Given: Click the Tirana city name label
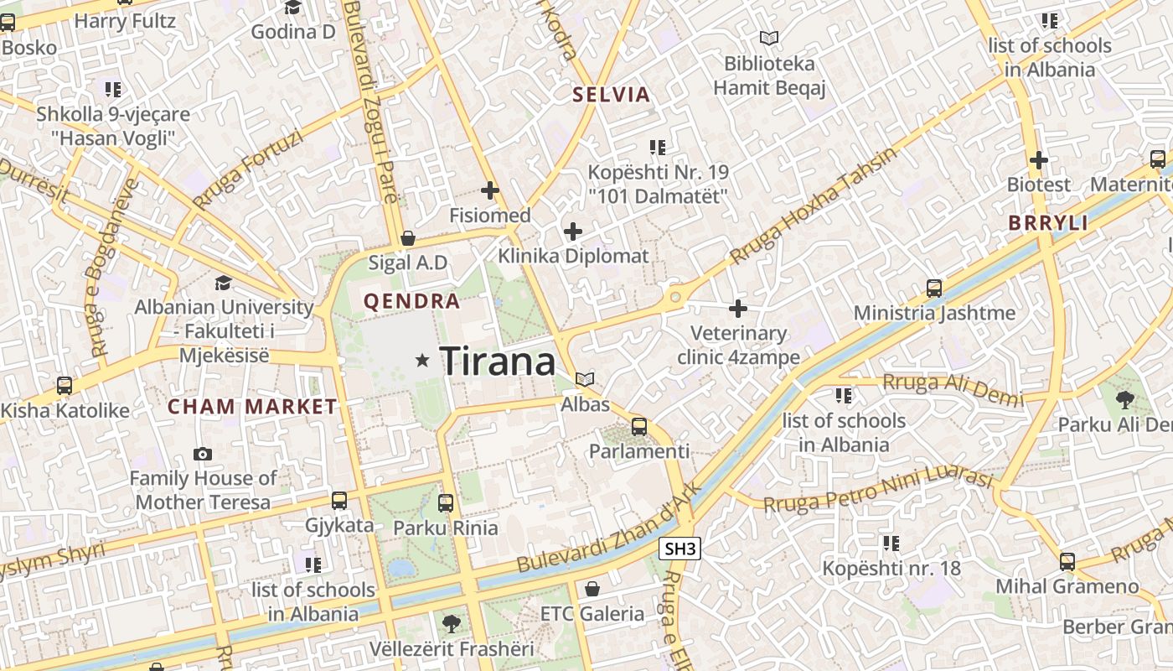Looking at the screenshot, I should (x=497, y=362).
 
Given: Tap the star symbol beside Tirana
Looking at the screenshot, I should (x=422, y=361).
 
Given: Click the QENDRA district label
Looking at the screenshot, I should (x=411, y=302).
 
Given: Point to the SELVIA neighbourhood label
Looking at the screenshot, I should (x=612, y=94).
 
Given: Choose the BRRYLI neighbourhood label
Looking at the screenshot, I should (x=1048, y=223).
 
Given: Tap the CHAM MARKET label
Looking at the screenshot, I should (x=252, y=408).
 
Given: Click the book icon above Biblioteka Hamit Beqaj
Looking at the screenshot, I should (x=769, y=38).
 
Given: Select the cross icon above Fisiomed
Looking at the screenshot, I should (x=490, y=191).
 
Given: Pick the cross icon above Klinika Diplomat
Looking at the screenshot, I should (x=573, y=231).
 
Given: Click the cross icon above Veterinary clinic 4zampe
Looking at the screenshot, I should (x=738, y=309).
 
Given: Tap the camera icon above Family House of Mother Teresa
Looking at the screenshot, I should (x=203, y=455).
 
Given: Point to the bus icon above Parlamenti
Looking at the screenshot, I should (x=639, y=427).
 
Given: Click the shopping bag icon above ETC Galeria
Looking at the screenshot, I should (x=592, y=589).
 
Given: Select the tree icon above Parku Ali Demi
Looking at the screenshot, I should (x=1124, y=400).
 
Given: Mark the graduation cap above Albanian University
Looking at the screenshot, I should (x=223, y=283).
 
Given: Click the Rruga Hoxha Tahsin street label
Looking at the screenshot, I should (x=812, y=205).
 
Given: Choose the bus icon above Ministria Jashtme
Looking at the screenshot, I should (x=934, y=289).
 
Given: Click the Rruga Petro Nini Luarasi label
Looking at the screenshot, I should (x=878, y=490).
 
